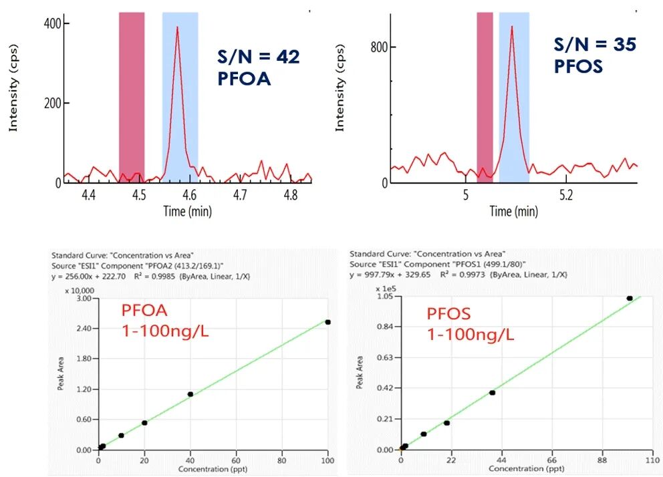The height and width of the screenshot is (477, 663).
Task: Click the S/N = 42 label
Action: [259, 57]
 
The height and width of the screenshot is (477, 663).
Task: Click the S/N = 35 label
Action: [594, 45]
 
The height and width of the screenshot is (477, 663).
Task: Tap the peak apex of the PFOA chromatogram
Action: [177, 27]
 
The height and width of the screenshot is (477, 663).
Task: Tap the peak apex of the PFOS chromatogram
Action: [511, 27]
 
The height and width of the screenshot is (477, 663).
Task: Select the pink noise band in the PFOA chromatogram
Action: [132, 97]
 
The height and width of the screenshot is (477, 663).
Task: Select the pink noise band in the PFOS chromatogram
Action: [485, 97]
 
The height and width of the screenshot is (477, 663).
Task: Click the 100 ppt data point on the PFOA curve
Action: [327, 322]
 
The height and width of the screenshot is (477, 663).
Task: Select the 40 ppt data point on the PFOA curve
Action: [190, 394]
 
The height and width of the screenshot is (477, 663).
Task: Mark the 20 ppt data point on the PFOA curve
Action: [144, 422]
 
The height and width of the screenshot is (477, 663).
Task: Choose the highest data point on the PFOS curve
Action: [629, 298]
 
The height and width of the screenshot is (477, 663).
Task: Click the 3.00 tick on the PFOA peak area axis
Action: [84, 299]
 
